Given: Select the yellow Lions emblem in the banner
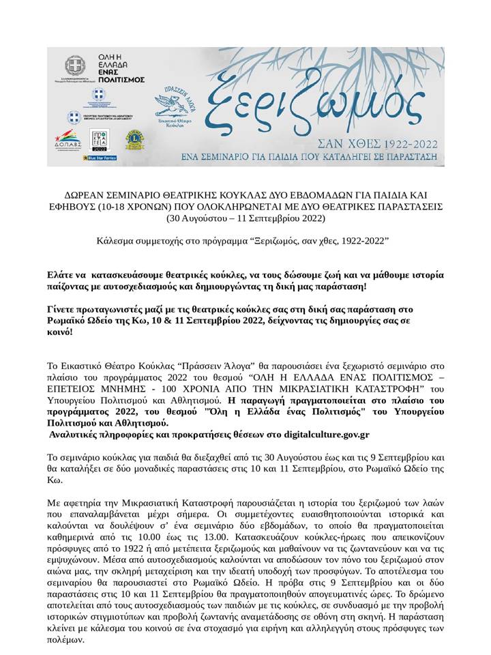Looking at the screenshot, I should (x=134, y=139).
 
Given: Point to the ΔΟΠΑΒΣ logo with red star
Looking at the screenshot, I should (x=68, y=139).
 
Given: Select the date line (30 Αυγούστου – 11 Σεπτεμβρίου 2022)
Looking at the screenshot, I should (x=245, y=219).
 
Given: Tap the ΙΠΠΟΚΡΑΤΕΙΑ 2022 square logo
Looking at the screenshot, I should (x=100, y=139).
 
